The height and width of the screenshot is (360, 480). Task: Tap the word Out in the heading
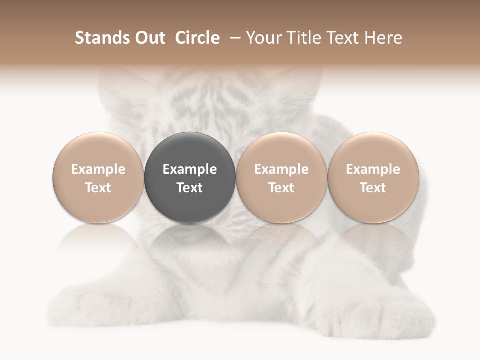point(149,38)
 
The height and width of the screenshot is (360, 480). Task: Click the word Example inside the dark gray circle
point(190,169)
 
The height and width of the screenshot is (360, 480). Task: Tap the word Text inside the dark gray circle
point(190,188)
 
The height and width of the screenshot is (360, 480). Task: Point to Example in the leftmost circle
point(98,169)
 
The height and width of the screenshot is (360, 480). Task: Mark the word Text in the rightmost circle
point(373,188)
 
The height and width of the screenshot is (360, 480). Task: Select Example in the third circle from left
point(281,169)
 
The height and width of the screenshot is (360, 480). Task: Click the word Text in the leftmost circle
point(98,188)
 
